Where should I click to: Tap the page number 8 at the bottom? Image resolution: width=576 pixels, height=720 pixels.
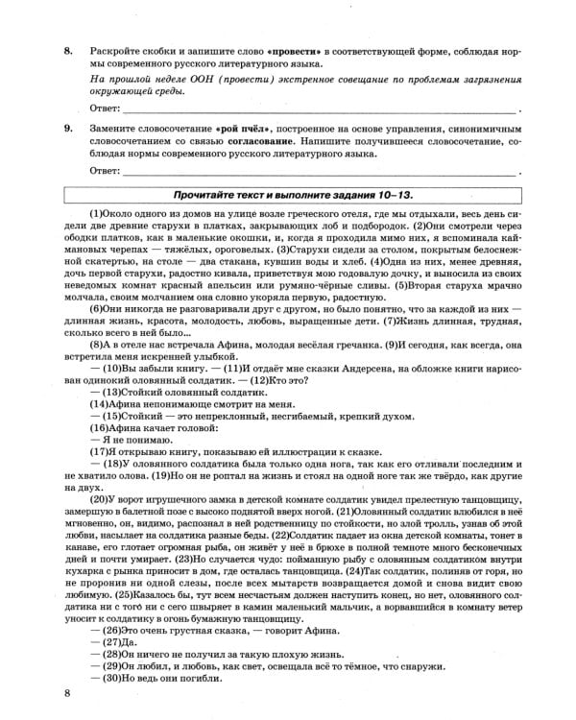coord(66,693)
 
